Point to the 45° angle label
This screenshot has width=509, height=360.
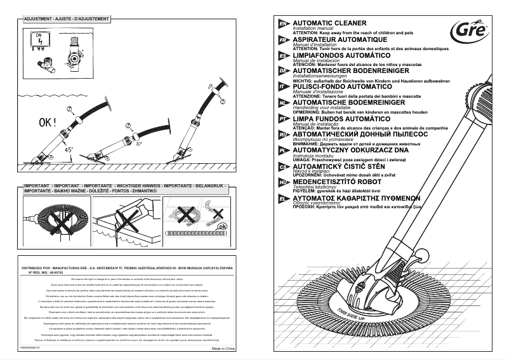tap(68, 150)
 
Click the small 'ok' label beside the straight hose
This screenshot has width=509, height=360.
tap(221, 227)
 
